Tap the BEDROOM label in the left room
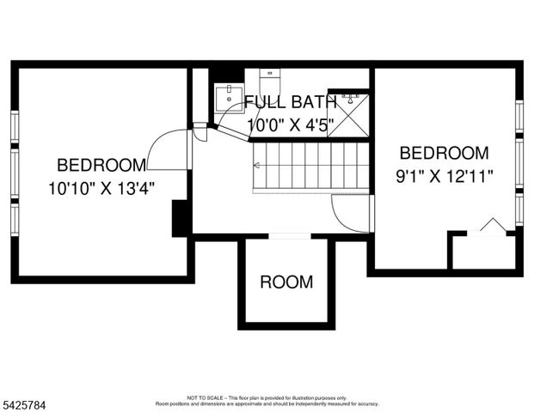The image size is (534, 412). click(x=101, y=165)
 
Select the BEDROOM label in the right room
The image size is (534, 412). click(x=445, y=154)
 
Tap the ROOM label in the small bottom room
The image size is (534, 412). click(x=286, y=282)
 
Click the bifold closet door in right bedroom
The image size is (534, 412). click(x=491, y=226)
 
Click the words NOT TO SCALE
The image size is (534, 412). click(x=206, y=397)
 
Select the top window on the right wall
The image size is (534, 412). click(x=519, y=118)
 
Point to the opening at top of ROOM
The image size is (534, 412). click(x=289, y=236)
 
